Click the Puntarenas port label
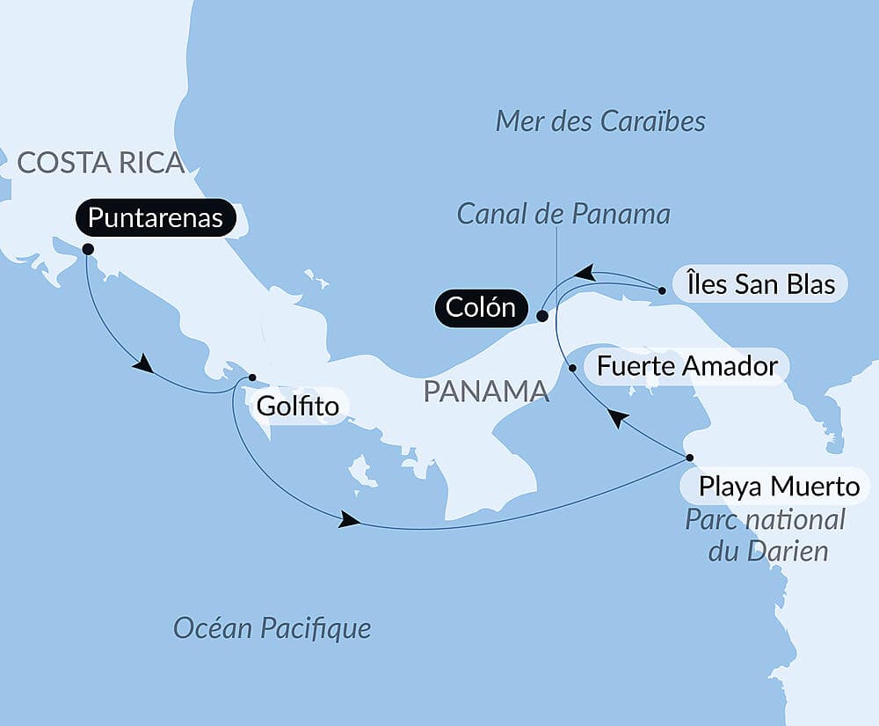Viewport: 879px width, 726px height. point(156,218)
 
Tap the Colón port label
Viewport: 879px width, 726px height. point(480,309)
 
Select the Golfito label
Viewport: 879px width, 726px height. point(298,407)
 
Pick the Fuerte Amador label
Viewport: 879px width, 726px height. point(687,366)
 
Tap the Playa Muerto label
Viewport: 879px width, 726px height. point(775,486)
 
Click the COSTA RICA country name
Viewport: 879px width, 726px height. point(100,163)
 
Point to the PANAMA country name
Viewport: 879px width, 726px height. point(486,392)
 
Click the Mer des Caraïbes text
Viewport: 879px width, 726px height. point(600,121)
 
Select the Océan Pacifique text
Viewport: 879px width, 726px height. point(272,627)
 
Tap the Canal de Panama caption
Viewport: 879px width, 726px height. point(563,214)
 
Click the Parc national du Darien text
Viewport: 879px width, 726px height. point(765,535)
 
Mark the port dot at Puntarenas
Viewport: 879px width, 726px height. point(88,249)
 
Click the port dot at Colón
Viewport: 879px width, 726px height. point(542,315)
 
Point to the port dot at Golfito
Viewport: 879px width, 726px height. point(252,378)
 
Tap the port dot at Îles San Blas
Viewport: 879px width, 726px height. point(662,290)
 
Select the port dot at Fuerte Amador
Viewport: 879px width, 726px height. point(573,368)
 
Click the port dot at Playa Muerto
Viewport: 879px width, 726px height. point(689,458)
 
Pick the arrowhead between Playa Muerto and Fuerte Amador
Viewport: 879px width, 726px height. point(619,419)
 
